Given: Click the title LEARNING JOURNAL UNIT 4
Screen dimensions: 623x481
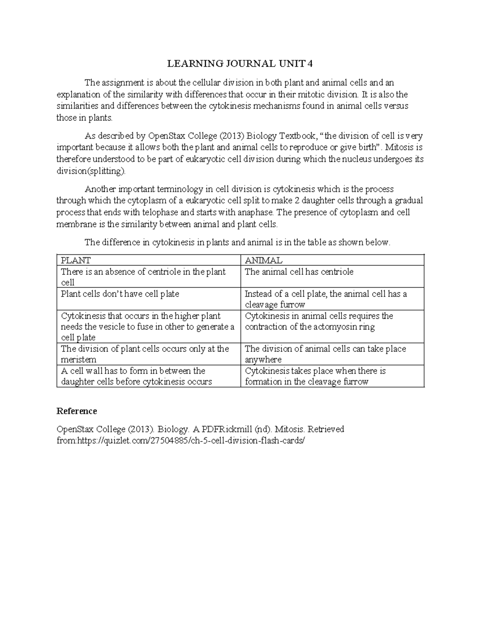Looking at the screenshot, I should [240, 64].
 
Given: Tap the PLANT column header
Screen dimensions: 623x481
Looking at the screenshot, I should [75, 260].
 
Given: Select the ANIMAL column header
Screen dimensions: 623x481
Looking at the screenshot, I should [263, 260].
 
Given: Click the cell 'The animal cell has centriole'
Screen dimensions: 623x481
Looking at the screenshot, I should [299, 272].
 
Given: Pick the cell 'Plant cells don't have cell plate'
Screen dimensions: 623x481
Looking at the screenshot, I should [120, 294].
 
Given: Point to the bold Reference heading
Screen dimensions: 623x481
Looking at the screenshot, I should [77, 411].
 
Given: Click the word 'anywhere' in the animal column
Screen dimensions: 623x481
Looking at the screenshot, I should [263, 360].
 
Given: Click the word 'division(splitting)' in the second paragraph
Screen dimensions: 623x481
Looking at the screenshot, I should [91, 171].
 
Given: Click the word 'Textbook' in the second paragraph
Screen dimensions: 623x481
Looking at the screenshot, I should [297, 136].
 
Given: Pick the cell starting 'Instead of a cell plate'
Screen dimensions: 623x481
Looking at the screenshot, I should [325, 299].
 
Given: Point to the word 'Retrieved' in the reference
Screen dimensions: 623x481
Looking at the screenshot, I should [325, 429].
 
